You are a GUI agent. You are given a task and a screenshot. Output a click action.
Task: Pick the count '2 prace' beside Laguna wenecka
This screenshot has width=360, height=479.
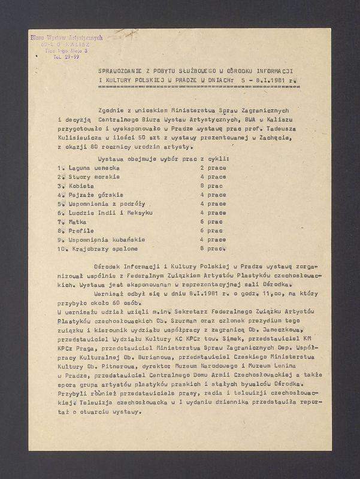213,168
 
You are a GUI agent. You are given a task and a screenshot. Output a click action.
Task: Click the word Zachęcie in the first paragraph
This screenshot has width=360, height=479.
273,137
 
